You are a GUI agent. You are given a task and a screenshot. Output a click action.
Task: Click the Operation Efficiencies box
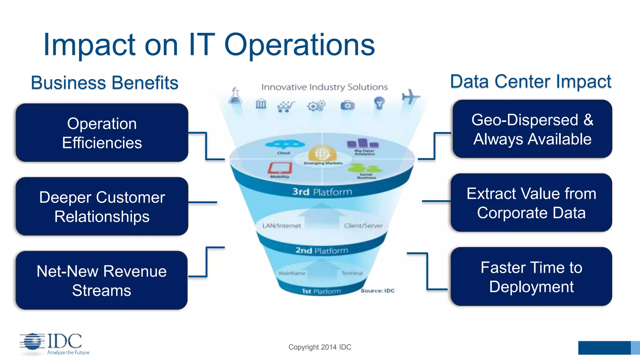click(x=102, y=133)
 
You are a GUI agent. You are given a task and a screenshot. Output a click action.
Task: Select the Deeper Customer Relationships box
click(x=102, y=206)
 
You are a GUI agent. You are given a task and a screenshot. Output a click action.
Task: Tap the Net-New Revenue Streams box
click(x=102, y=280)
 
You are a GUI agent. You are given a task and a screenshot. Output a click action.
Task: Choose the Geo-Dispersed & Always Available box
click(x=532, y=129)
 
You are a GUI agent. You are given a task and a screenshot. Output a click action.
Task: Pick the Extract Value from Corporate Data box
click(x=531, y=203)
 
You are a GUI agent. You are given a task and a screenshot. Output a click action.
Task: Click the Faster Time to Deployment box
click(x=531, y=277)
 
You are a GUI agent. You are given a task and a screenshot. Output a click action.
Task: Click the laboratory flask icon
click(x=235, y=96)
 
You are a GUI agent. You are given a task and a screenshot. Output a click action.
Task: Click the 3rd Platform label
click(x=322, y=192)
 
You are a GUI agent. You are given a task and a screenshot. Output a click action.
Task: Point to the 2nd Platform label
click(x=322, y=251)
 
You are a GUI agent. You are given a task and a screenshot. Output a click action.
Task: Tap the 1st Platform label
click(x=321, y=291)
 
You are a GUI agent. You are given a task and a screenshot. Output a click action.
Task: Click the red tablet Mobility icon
click(x=280, y=168)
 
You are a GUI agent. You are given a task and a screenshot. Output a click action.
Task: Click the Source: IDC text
click(x=377, y=291)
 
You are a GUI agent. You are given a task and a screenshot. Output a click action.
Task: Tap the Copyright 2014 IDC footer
click(x=320, y=347)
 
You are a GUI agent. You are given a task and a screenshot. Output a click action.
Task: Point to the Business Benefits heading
click(x=104, y=83)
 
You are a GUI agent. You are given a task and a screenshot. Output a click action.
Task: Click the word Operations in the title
click(x=299, y=45)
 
